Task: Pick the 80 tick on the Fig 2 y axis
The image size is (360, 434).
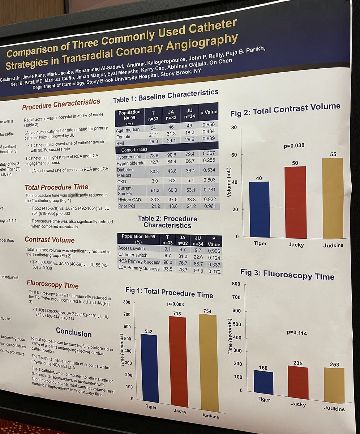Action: click(x=234, y=127)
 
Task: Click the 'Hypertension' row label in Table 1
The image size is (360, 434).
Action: click(x=129, y=157)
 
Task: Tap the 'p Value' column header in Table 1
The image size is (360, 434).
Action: click(x=210, y=112)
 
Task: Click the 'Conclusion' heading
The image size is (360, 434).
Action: click(x=74, y=332)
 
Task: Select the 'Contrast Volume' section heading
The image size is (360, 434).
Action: click(x=50, y=240)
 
